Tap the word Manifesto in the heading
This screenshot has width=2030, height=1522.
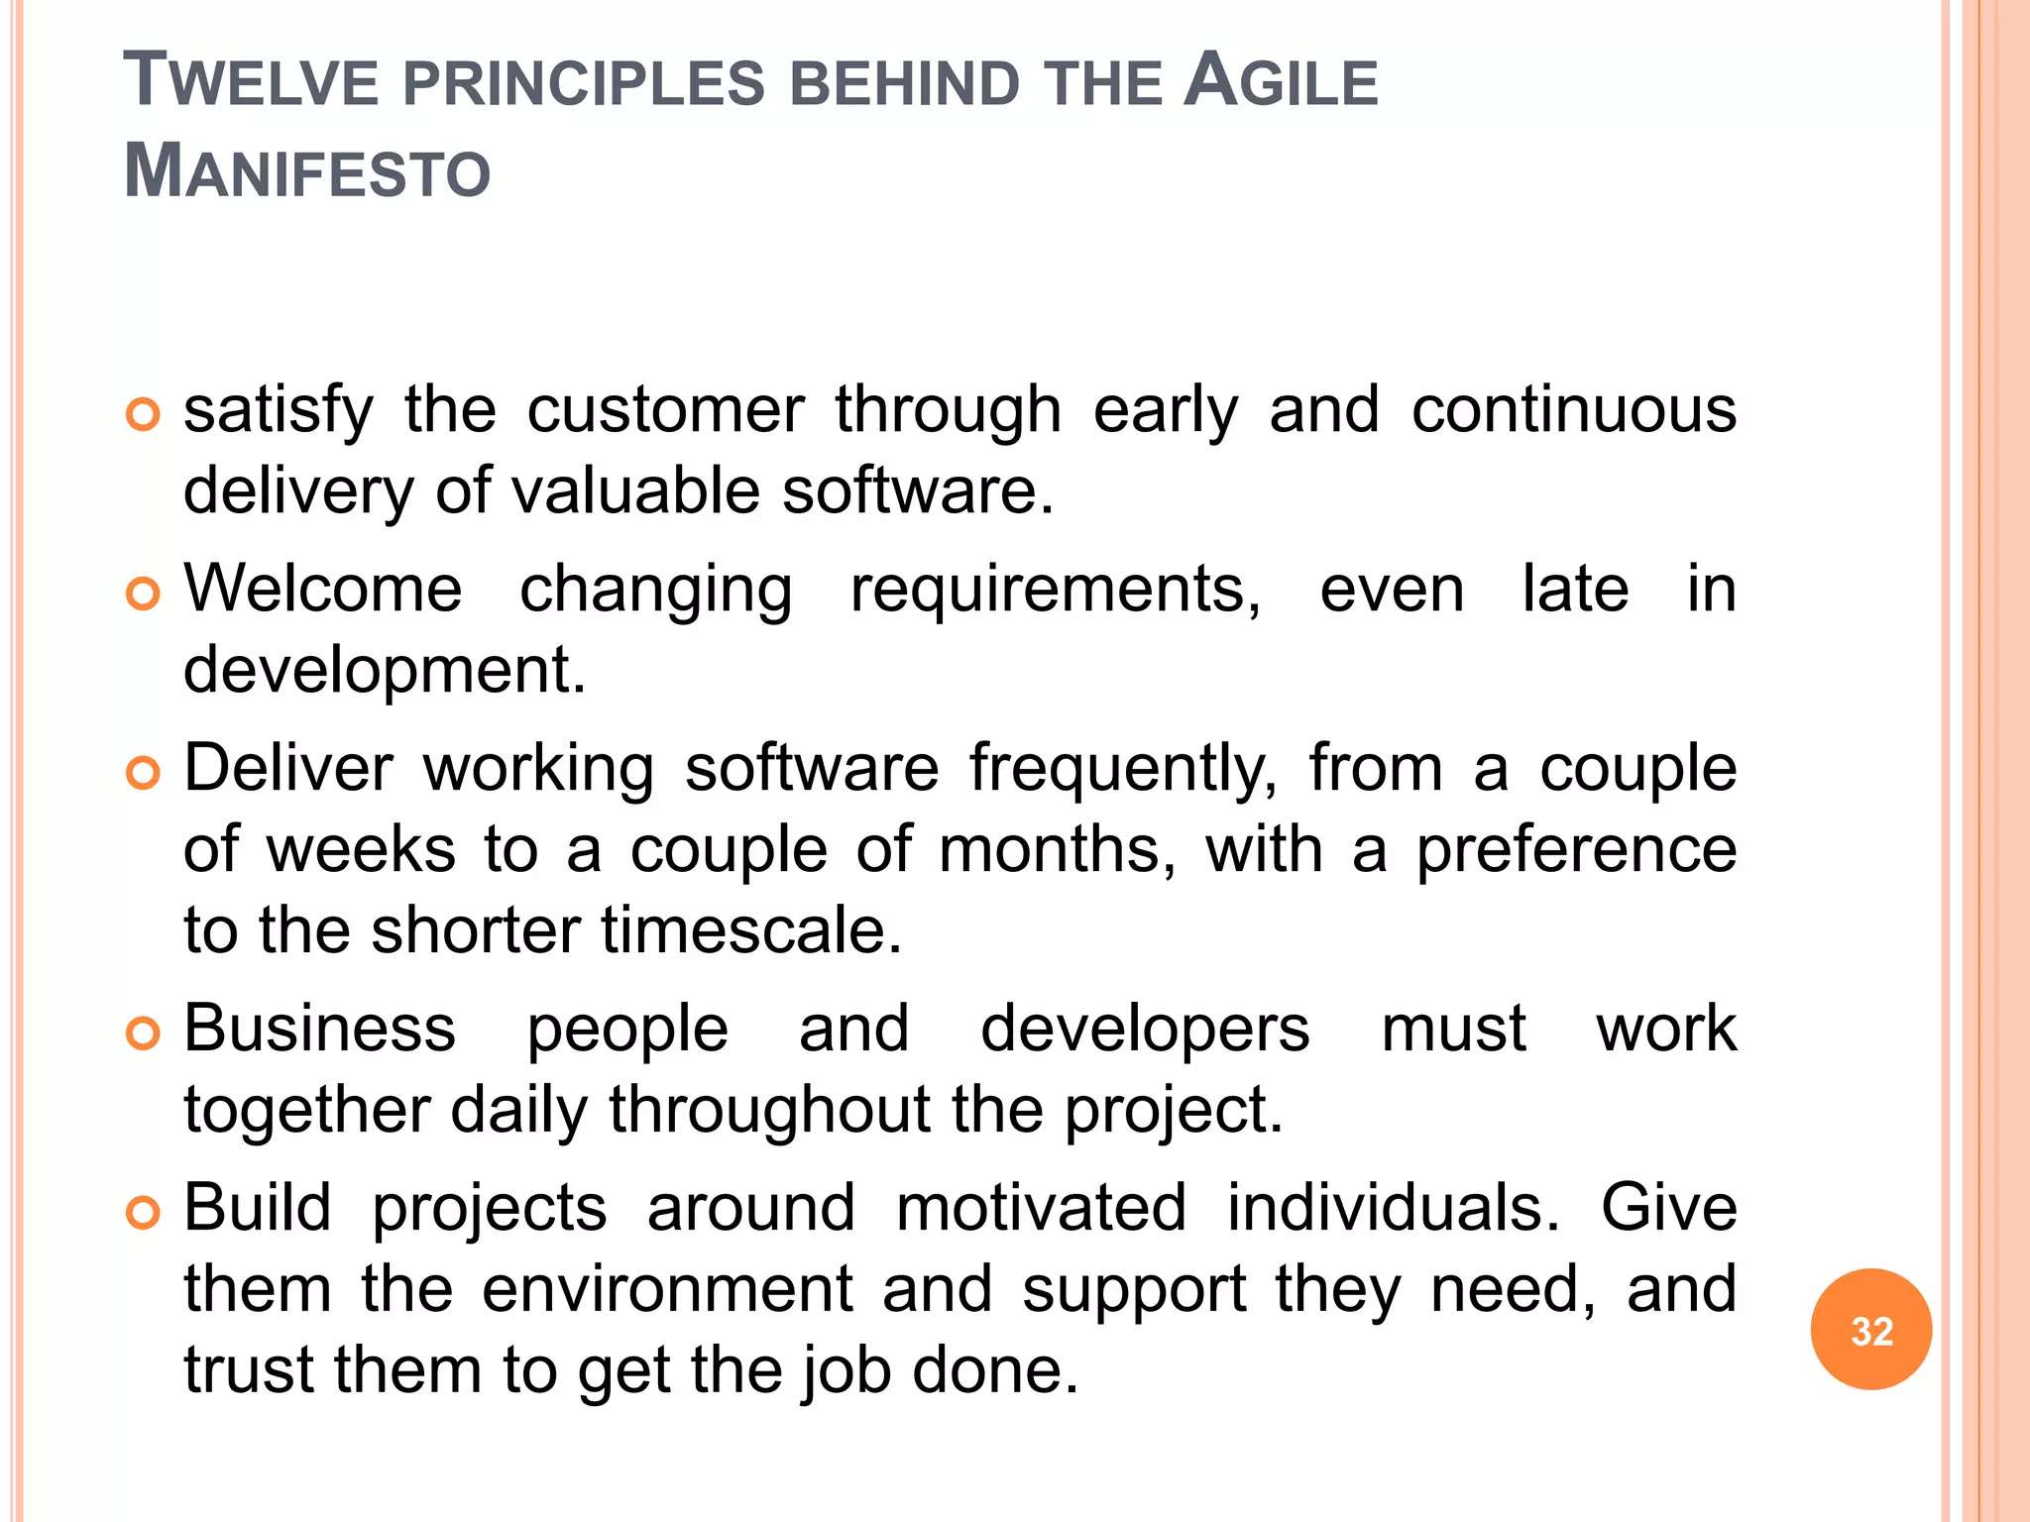(307, 171)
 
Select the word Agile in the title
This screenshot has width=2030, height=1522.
(1281, 81)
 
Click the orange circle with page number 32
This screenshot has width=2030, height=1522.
(1870, 1330)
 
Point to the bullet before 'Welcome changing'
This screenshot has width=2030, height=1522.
(144, 594)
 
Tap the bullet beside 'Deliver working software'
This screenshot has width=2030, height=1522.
(144, 773)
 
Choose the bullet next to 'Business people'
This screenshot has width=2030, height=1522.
(144, 1033)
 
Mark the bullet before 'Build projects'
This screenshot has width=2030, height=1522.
(144, 1213)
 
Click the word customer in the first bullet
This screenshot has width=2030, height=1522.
(665, 410)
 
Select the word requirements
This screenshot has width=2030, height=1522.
(1056, 590)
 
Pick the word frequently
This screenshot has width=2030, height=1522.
(1123, 770)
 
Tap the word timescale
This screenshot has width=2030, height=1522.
(751, 930)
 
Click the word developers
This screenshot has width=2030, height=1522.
(1145, 1030)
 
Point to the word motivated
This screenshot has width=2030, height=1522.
(1041, 1209)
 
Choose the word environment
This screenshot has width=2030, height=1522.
(667, 1289)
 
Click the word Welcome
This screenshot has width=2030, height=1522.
(323, 590)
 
